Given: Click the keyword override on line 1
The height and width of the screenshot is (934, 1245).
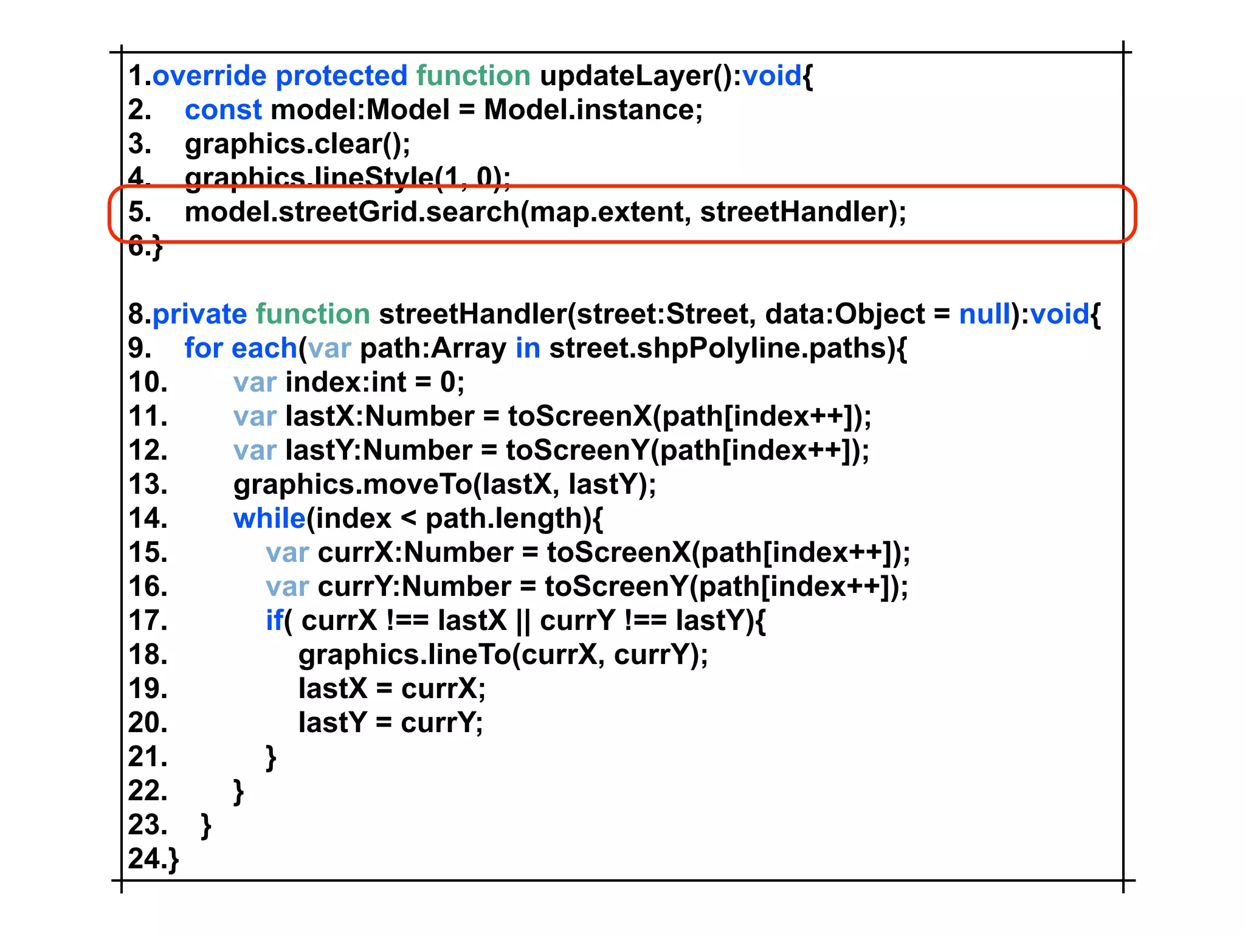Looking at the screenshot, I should (209, 76).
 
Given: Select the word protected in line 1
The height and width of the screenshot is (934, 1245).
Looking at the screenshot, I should (341, 76).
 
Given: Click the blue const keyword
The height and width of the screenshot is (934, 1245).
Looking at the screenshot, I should (222, 110).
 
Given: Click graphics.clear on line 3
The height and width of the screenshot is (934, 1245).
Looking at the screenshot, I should (283, 144).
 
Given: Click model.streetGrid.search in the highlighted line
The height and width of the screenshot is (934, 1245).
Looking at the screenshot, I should (351, 212).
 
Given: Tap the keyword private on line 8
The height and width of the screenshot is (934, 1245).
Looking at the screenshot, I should (199, 314).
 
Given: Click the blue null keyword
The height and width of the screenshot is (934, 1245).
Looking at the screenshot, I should (984, 314).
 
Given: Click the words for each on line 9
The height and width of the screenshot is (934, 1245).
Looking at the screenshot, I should (240, 348).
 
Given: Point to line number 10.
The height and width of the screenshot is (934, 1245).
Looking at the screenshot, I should (148, 382).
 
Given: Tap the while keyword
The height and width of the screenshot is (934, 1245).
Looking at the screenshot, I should (269, 519).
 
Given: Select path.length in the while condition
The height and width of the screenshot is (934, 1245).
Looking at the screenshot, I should (504, 519).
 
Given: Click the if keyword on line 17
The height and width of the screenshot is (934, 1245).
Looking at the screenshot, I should (274, 621).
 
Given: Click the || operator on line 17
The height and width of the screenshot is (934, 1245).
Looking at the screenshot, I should (522, 621).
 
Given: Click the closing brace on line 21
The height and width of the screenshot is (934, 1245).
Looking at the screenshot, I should (271, 757).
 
